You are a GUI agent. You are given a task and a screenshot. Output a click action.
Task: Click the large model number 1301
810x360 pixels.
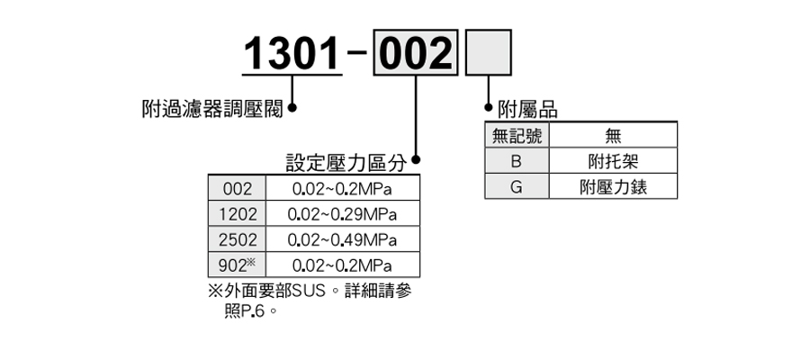[x=292, y=54]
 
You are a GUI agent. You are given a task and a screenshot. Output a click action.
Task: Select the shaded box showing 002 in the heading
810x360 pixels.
[x=416, y=53]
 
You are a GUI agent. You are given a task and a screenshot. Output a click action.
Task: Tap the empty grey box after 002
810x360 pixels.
[x=489, y=53]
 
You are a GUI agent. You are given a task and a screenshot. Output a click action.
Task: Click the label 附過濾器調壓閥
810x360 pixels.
[x=212, y=109]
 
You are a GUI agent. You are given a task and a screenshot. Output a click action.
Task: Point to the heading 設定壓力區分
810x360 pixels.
[x=346, y=163]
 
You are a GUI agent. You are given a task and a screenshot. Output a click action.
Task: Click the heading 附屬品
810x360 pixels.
[x=528, y=110]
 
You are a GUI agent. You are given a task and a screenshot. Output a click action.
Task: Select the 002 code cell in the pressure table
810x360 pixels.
[x=237, y=189]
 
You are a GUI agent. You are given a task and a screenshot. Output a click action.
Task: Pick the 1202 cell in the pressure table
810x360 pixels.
[x=237, y=214]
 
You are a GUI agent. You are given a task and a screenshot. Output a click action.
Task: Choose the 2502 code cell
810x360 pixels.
[x=237, y=239]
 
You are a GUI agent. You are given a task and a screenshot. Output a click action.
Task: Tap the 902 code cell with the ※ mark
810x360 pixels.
[x=237, y=265]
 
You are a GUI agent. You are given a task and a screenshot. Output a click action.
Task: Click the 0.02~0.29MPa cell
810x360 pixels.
[x=342, y=214]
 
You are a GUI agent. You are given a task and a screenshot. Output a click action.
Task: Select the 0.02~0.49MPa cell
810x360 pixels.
[x=342, y=239]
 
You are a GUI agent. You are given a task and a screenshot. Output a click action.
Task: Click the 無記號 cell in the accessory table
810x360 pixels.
[x=517, y=136]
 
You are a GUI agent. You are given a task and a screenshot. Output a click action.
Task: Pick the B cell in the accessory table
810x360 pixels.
[x=517, y=161]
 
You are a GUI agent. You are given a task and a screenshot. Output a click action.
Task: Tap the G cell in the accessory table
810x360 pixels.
[x=517, y=186]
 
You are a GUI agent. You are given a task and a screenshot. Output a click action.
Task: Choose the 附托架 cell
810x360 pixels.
[x=613, y=161]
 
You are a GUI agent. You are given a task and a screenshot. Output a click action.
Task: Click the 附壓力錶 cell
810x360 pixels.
[x=613, y=186]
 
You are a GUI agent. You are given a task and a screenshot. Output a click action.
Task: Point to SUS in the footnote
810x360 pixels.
[x=309, y=292]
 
